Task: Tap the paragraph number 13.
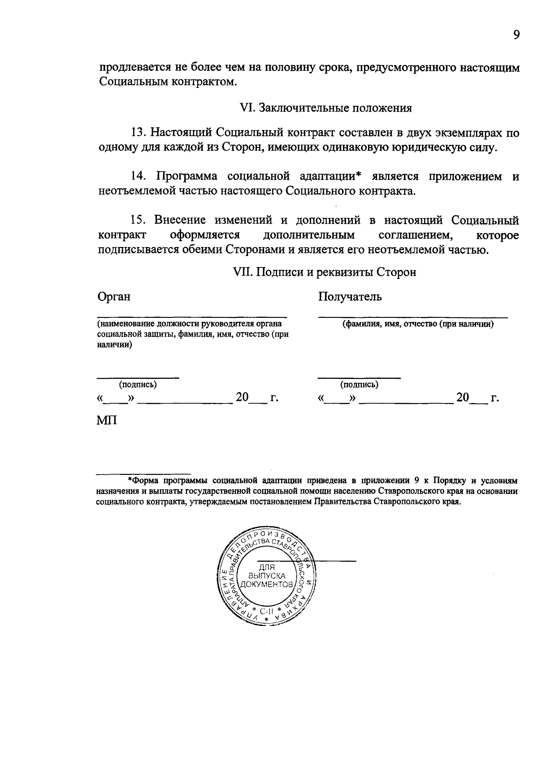[x=138, y=133]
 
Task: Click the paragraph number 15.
[x=138, y=220]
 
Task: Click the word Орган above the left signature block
[x=114, y=296]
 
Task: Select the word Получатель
[x=350, y=296]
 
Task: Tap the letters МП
[x=107, y=421]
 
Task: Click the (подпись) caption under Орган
[x=138, y=384]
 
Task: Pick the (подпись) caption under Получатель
[x=359, y=384]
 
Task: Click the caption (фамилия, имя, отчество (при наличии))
[x=418, y=324]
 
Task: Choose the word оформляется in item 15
[x=205, y=235]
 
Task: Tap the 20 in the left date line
[x=243, y=397]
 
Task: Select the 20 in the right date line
[x=463, y=397]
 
